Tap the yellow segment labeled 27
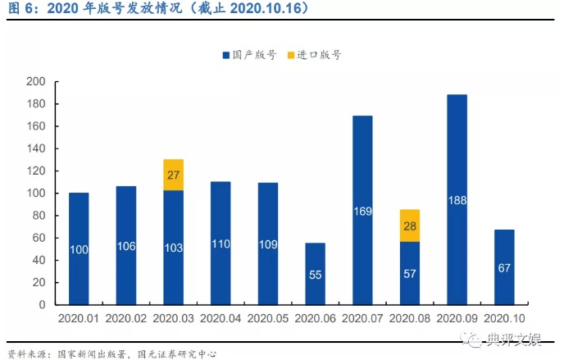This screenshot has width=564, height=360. [173, 175]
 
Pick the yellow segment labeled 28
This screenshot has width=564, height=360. [410, 226]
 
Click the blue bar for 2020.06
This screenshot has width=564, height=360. [316, 273]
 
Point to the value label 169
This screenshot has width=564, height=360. [362, 210]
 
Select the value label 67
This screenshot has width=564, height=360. [504, 267]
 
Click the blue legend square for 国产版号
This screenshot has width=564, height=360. [225, 55]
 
